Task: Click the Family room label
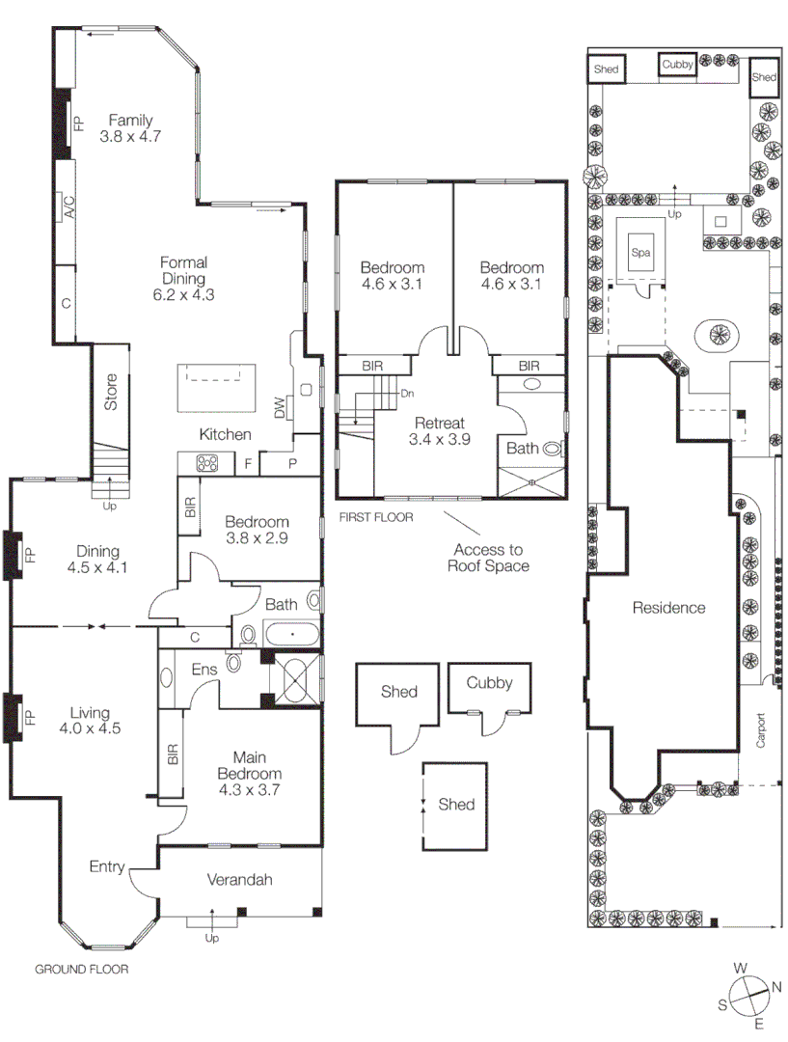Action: click(130, 121)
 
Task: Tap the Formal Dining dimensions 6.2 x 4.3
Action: click(183, 295)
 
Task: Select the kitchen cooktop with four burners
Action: click(207, 464)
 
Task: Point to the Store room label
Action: click(111, 392)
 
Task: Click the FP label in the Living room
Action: click(29, 718)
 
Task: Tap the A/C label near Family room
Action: click(68, 206)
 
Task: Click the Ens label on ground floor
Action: click(204, 669)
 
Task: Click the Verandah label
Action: click(240, 880)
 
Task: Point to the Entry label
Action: click(107, 866)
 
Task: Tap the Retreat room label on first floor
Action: click(439, 423)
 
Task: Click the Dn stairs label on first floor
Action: click(407, 394)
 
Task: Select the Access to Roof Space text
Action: click(488, 558)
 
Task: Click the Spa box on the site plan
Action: click(641, 253)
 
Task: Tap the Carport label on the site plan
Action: click(760, 730)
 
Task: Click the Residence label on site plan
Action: click(668, 608)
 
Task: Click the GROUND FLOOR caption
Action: click(82, 970)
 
